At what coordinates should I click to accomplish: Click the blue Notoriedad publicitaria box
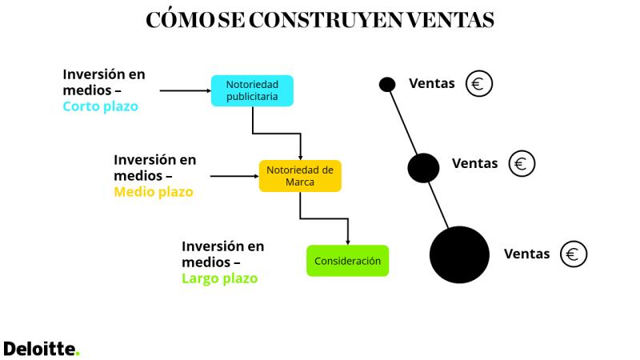tap(252, 90)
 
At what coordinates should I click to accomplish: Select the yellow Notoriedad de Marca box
tap(300, 176)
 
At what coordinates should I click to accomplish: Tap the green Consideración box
tap(348, 261)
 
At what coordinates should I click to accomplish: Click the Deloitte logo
tap(42, 349)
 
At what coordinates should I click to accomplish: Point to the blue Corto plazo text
tap(101, 106)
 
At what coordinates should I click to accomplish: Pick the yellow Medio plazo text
tap(154, 192)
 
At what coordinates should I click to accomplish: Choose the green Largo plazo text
tap(219, 278)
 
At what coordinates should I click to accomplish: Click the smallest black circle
tap(387, 85)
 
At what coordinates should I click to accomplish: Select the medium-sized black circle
tap(424, 168)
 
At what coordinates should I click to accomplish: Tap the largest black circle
tap(459, 254)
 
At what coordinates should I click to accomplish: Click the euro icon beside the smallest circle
tap(479, 84)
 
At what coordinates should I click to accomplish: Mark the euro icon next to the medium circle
tap(522, 164)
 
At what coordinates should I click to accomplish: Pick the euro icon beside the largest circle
tap(574, 254)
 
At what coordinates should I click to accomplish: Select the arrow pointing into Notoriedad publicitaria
tap(186, 90)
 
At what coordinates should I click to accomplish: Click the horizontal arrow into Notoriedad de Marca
tap(234, 176)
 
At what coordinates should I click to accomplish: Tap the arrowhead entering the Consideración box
tap(348, 242)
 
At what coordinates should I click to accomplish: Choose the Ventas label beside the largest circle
tap(527, 254)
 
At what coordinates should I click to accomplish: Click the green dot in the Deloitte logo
tap(78, 354)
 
